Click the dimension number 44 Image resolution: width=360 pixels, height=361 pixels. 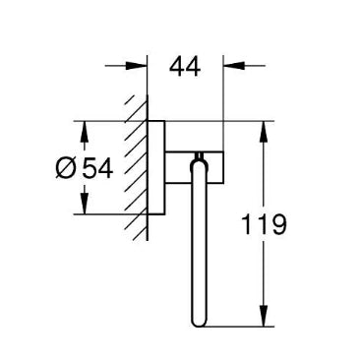click(x=185, y=67)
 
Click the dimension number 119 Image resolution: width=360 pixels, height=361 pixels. click(x=264, y=224)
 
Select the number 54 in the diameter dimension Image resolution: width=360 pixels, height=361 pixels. click(x=97, y=168)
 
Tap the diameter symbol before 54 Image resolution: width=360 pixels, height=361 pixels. click(x=66, y=168)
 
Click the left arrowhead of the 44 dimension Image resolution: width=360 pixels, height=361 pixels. click(x=136, y=66)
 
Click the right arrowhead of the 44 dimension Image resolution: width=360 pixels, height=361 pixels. click(x=234, y=66)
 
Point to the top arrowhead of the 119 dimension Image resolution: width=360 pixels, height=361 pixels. click(x=264, y=133)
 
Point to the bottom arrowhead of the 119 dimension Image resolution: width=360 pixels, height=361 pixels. click(x=264, y=316)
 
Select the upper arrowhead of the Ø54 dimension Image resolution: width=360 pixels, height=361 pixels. click(x=85, y=133)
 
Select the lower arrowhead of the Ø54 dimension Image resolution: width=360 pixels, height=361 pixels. click(x=85, y=204)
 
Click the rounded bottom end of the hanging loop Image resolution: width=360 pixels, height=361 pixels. click(x=199, y=323)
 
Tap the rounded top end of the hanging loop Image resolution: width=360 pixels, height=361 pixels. click(x=199, y=164)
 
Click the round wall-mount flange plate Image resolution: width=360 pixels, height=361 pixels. click(x=156, y=168)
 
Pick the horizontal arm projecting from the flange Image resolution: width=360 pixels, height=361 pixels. click(x=194, y=167)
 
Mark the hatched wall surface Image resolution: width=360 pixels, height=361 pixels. click(x=136, y=168)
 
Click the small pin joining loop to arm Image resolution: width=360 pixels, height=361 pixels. click(x=199, y=156)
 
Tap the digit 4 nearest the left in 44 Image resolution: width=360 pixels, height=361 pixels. click(x=177, y=67)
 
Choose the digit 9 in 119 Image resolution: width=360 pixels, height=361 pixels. click(x=278, y=224)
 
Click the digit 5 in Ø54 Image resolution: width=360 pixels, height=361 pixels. click(x=90, y=168)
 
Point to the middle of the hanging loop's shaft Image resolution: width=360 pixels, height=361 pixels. click(x=199, y=243)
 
